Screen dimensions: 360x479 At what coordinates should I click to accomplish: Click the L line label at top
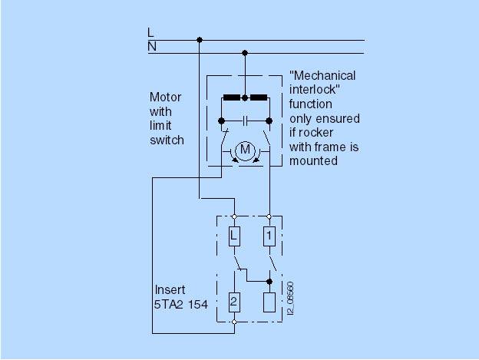tap(151, 32)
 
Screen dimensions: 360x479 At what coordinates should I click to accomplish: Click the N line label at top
tap(151, 48)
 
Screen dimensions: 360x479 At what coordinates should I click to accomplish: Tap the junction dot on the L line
tap(200, 39)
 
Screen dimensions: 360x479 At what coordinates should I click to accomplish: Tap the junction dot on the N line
tap(245, 53)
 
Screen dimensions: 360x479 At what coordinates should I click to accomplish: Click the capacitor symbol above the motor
tap(245, 121)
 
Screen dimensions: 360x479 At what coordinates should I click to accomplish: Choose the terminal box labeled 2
tap(234, 302)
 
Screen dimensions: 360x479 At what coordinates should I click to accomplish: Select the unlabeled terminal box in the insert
tap(269, 302)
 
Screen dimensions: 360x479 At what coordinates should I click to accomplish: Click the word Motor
tap(166, 97)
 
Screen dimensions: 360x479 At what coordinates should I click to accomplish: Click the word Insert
tap(170, 290)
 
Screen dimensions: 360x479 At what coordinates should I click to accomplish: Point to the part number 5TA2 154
tap(181, 305)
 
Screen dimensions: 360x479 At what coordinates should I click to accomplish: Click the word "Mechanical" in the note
tap(322, 76)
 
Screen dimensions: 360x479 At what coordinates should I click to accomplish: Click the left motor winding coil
tap(232, 98)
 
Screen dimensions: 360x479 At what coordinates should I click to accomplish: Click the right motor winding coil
tap(257, 98)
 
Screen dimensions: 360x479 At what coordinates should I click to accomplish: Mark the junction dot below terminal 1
tap(269, 281)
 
